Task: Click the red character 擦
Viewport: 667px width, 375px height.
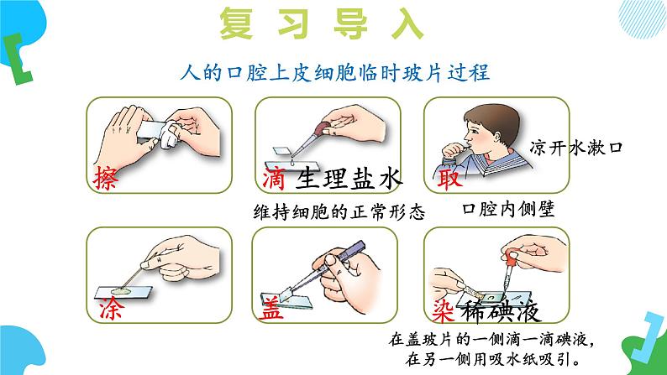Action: click(x=106, y=178)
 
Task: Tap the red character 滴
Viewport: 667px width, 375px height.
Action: click(x=274, y=179)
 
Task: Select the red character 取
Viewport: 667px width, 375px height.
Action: click(x=449, y=179)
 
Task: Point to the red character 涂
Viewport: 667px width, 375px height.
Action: click(x=113, y=309)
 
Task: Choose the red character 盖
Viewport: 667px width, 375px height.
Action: click(x=271, y=309)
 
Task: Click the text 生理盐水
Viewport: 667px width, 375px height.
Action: click(x=349, y=178)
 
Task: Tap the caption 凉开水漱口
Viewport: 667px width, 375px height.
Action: click(x=576, y=148)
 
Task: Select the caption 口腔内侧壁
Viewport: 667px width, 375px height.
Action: click(x=508, y=209)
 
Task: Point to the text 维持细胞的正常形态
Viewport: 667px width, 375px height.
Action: click(x=339, y=211)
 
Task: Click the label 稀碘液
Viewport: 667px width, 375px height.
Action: click(x=502, y=311)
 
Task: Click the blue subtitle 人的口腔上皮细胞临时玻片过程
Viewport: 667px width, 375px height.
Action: click(x=335, y=73)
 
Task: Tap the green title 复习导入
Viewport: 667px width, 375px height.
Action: click(x=322, y=23)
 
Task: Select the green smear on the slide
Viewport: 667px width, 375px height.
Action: click(x=122, y=291)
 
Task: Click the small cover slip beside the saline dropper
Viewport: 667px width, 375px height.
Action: click(x=281, y=151)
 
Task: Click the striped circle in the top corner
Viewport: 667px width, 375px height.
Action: click(x=643, y=18)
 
